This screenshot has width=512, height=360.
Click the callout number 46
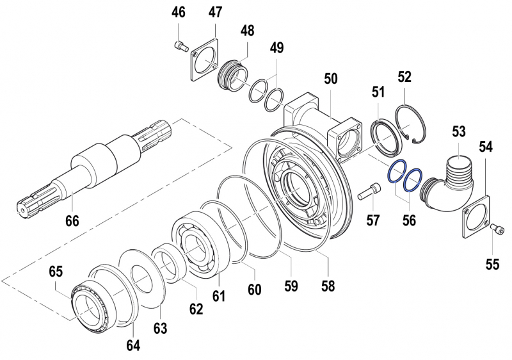pyautogui.click(x=179, y=12)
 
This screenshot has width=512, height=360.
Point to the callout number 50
pyautogui.click(x=330, y=79)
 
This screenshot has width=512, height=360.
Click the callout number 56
pyautogui.click(x=409, y=220)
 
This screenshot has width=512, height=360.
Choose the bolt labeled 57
pyautogui.click(x=365, y=191)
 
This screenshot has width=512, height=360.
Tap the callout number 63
pyautogui.click(x=160, y=328)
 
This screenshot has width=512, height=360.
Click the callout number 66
pyautogui.click(x=72, y=221)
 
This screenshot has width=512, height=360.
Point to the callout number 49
pyautogui.click(x=276, y=48)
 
